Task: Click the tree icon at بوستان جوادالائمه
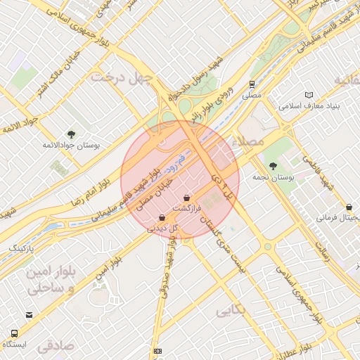(70, 134)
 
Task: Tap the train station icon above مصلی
(251, 84)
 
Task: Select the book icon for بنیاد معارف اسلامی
(309, 95)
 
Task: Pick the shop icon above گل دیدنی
(162, 217)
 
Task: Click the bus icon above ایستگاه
(14, 333)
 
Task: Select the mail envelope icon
(29, 315)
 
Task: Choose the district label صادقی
(56, 346)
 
